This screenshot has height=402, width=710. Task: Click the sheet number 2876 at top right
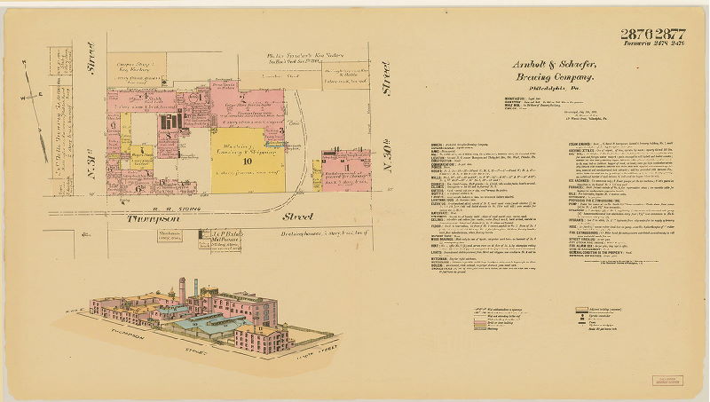637,35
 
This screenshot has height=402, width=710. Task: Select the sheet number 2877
670,35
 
